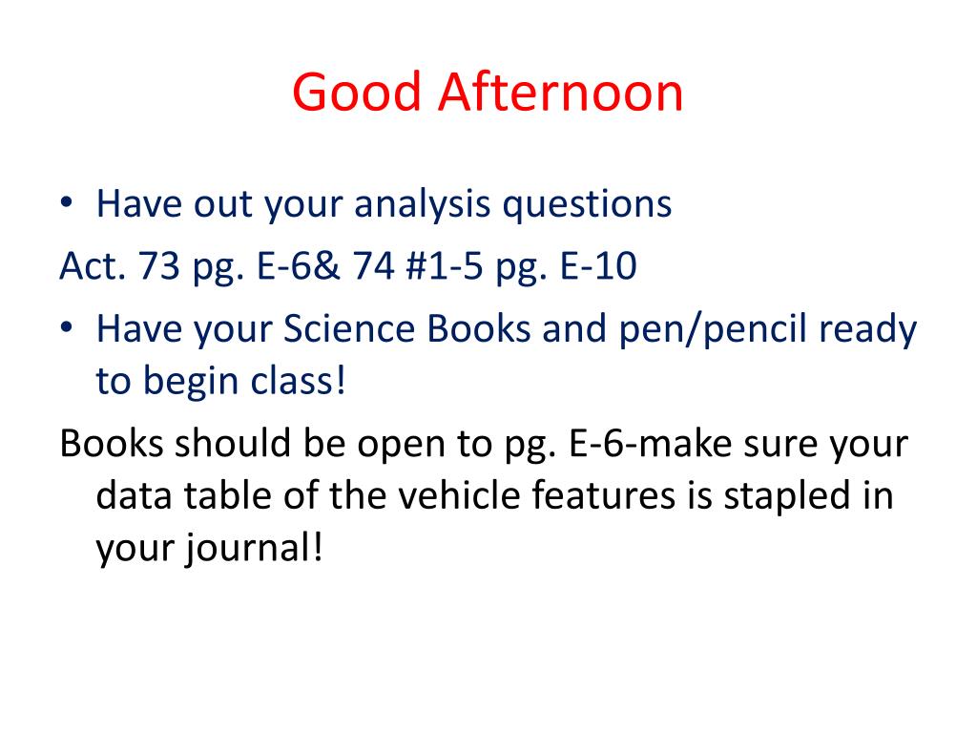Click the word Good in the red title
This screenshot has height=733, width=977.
357,92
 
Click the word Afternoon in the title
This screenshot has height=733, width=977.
560,92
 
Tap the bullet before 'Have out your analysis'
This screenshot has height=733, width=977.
67,202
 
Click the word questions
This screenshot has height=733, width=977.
587,205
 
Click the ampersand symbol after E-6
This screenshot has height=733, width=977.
325,265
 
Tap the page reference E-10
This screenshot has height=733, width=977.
598,265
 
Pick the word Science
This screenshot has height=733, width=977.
349,328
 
